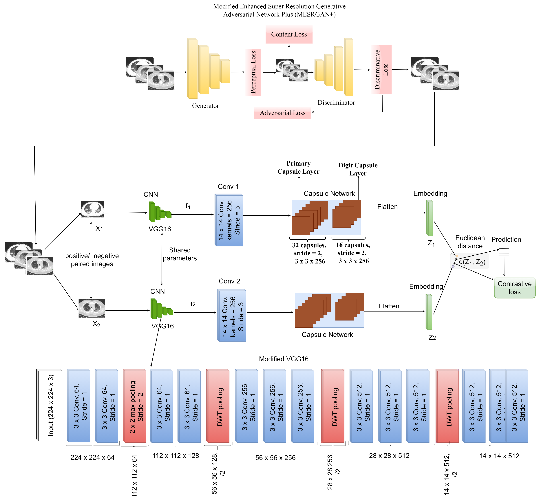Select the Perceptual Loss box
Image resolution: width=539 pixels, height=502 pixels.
[253, 72]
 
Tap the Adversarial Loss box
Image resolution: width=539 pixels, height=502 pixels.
[282, 113]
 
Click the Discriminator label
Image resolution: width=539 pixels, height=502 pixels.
[336, 102]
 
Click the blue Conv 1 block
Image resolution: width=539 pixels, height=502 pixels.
[229, 220]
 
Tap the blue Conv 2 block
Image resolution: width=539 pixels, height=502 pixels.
[232, 315]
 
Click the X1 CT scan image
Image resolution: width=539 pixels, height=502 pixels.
[92, 209]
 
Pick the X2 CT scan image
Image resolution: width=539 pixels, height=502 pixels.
[92, 308]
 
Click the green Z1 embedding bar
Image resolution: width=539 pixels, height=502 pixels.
[430, 218]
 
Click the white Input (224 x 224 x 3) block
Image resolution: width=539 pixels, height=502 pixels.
[50, 405]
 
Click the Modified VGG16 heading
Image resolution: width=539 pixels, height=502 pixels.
[284, 359]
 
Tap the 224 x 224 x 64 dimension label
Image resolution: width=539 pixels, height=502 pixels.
[92, 457]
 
